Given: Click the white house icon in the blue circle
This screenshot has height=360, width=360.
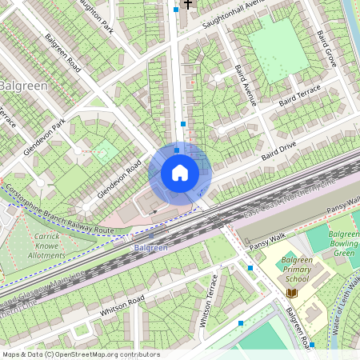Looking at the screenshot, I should tap(180, 172).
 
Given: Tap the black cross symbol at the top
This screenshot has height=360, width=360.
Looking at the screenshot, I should tap(188, 4).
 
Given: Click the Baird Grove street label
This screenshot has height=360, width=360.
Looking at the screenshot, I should tap(326, 49).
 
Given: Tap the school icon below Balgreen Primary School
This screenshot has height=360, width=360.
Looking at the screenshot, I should tap(290, 294).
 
